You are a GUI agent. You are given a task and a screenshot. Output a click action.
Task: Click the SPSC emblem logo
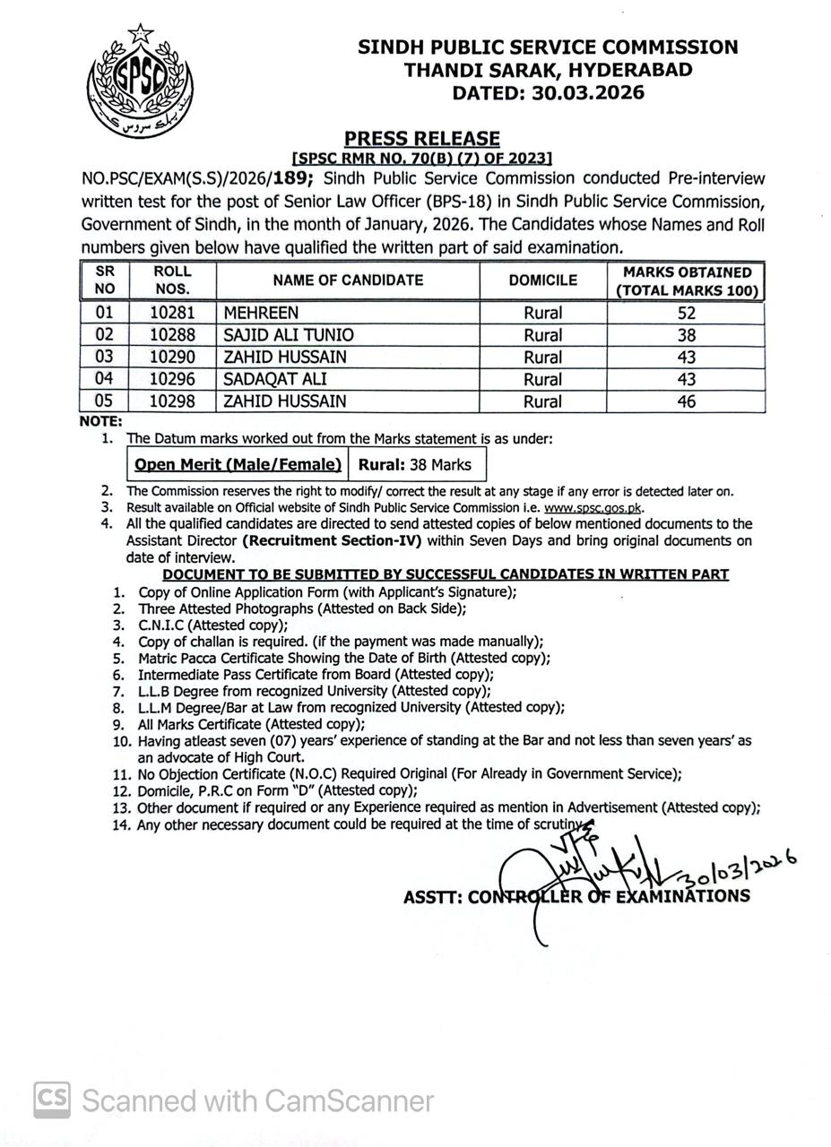tap(141, 82)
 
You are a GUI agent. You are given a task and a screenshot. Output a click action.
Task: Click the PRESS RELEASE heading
tap(422, 139)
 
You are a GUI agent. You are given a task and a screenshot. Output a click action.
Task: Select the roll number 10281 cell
tap(172, 313)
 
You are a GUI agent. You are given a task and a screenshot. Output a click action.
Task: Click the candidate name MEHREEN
tap(261, 313)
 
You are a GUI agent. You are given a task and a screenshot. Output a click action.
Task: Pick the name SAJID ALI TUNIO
tap(288, 335)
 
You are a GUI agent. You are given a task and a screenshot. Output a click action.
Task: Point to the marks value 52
tap(687, 313)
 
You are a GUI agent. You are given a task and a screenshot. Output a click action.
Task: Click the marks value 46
tap(687, 401)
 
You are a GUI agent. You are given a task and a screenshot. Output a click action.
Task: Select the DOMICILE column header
tap(543, 280)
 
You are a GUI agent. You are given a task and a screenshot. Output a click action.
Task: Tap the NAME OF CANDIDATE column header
tap(348, 280)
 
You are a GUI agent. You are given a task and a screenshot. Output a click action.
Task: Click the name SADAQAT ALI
tap(273, 379)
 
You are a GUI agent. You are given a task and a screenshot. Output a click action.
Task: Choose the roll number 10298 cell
tap(172, 401)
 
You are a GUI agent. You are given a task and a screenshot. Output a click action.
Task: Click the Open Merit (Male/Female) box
tap(238, 465)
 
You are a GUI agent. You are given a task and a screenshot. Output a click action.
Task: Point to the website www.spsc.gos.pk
tap(594, 507)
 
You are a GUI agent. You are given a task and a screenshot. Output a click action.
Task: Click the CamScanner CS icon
tap(52, 1100)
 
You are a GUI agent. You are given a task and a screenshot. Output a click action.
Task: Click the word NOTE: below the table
tap(101, 421)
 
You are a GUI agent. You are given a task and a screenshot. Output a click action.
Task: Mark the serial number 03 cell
tap(105, 357)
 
